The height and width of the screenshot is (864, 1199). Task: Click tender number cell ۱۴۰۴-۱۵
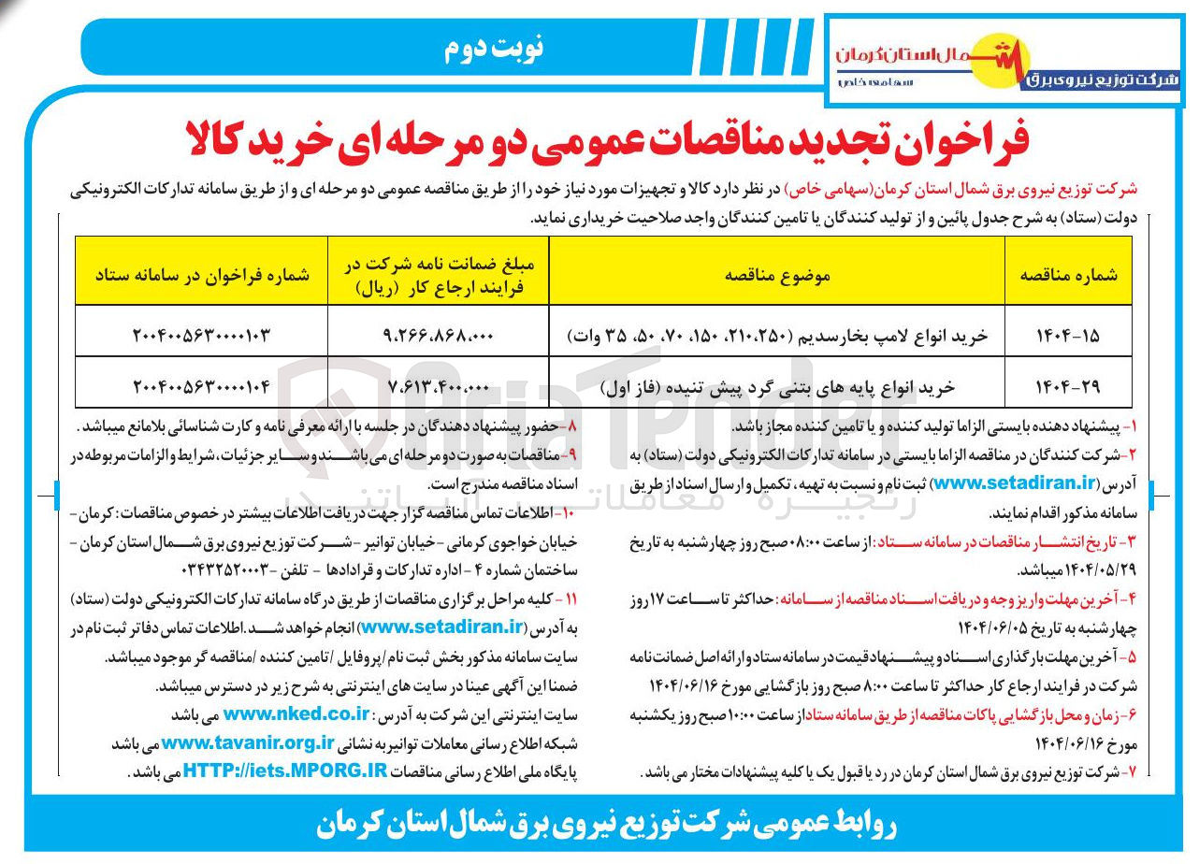point(1067,334)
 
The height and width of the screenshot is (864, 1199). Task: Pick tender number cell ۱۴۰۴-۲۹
point(1067,384)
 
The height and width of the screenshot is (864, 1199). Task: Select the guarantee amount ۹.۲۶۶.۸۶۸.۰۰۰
point(439,334)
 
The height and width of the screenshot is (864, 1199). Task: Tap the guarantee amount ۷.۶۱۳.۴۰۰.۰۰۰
point(439,384)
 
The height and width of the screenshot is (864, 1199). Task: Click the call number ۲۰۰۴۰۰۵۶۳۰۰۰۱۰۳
point(201,334)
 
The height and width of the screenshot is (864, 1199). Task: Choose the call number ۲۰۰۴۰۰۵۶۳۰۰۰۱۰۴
point(201,384)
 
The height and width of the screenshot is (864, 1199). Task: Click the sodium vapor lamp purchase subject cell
point(778,334)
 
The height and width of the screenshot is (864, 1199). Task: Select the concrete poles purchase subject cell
point(778,384)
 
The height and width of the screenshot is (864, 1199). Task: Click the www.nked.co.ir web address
point(296,715)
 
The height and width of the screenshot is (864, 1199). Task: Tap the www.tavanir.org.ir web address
point(247,743)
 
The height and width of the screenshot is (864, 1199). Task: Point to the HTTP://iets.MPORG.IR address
point(285,772)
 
